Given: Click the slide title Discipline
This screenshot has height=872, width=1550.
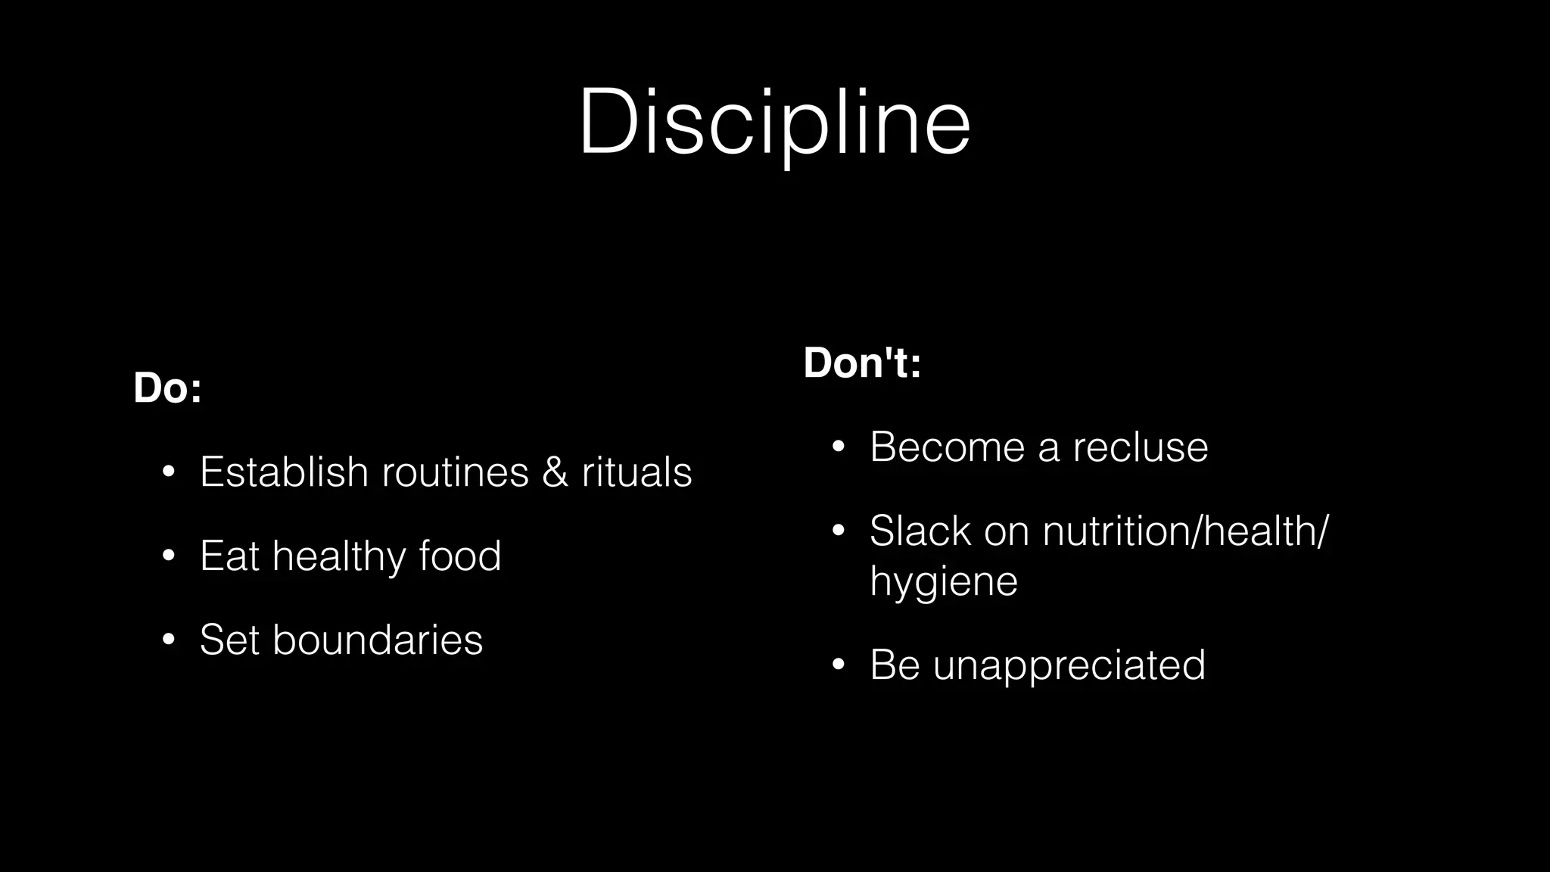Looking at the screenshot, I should point(774,123).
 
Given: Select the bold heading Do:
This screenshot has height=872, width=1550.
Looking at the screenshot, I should point(167,388).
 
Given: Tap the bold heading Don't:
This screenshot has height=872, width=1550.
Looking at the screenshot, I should point(862,363).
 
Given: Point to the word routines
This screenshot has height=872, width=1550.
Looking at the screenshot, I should point(455,472).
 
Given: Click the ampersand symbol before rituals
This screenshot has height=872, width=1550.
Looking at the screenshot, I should point(555,472).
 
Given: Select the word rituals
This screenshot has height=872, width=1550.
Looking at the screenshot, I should point(636,472).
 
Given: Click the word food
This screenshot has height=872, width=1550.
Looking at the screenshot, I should point(460,556).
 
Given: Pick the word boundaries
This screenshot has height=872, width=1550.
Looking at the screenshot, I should point(377,640).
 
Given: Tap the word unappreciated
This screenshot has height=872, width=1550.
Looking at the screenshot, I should point(1069,665).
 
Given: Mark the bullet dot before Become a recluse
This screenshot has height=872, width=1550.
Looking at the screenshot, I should point(838,447).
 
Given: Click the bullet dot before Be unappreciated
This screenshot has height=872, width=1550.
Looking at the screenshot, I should point(838,665).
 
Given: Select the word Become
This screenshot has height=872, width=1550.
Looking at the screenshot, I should point(947,447).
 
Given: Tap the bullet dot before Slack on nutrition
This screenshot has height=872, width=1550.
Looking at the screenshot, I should point(838,531).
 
